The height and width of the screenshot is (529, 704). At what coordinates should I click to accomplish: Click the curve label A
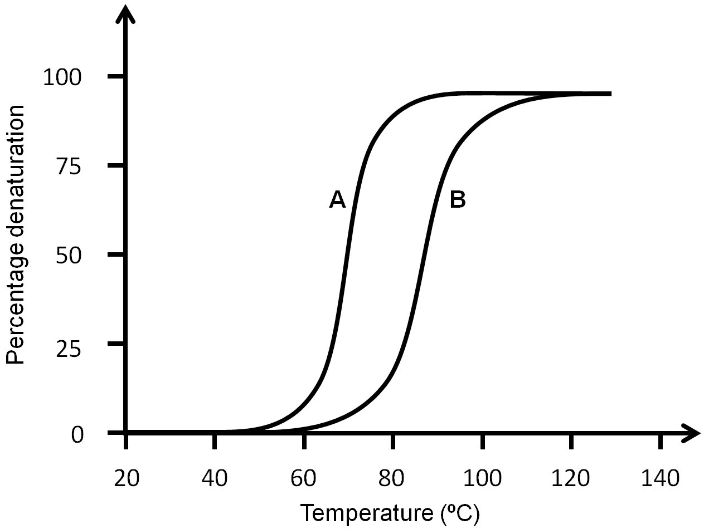click(338, 199)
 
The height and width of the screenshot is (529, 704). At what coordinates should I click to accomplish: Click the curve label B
click(458, 199)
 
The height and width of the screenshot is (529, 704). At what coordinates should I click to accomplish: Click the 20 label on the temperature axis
click(126, 478)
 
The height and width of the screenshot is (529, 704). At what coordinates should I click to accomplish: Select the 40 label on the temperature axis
click(215, 478)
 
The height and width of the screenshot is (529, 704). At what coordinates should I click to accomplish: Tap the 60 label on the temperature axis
click(304, 478)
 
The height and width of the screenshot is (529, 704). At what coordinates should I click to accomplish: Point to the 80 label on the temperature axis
click(394, 478)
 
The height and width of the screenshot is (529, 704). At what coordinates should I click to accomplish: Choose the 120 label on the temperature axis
click(571, 478)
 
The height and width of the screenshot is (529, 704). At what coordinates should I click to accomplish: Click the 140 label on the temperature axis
click(661, 478)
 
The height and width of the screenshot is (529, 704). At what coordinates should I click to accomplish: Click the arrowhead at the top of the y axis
click(127, 14)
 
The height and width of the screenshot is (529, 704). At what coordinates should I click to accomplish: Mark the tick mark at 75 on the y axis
click(116, 165)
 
